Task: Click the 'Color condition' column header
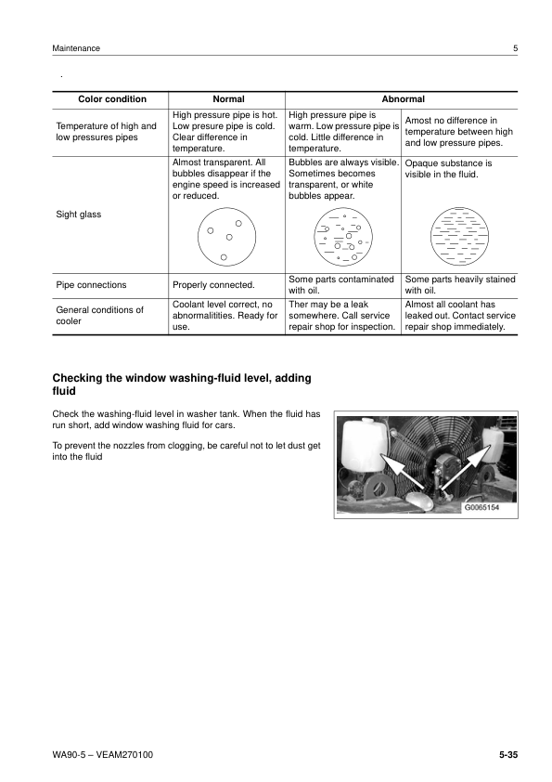(x=111, y=99)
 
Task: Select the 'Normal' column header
(x=228, y=99)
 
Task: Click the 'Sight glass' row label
(x=79, y=215)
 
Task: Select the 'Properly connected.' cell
(x=214, y=285)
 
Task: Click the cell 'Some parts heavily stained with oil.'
(x=460, y=285)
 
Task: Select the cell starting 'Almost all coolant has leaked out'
(x=460, y=316)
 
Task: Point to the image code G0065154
(x=481, y=508)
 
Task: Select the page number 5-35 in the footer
(x=507, y=755)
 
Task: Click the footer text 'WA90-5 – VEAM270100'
(x=103, y=755)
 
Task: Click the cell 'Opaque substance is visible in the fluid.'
(x=449, y=168)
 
